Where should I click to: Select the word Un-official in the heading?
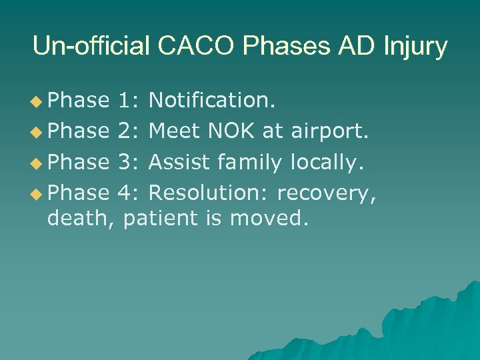tap(91, 47)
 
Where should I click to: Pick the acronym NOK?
tap(231, 131)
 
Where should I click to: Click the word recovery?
tap(327, 193)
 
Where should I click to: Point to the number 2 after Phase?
tap(125, 131)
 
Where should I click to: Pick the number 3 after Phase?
tap(125, 162)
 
